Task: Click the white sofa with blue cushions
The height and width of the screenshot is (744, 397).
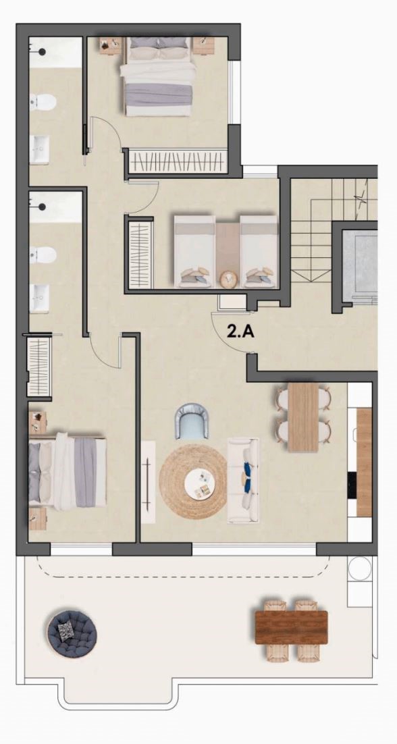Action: [x=243, y=480]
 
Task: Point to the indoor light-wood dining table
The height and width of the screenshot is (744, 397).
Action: [x=303, y=417]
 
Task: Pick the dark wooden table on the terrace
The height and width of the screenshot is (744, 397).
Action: [x=291, y=627]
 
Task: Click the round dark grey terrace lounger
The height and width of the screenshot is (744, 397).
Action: [x=72, y=633]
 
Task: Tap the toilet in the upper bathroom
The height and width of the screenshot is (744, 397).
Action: [x=43, y=101]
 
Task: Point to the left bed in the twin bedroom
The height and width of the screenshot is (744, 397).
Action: [x=194, y=251]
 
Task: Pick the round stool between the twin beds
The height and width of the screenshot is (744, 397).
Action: [x=228, y=278]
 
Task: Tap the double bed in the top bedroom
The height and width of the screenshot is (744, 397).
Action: [x=160, y=76]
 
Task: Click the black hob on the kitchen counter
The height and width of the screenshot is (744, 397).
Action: [x=352, y=485]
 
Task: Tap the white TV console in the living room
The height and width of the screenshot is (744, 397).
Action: [x=148, y=482]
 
